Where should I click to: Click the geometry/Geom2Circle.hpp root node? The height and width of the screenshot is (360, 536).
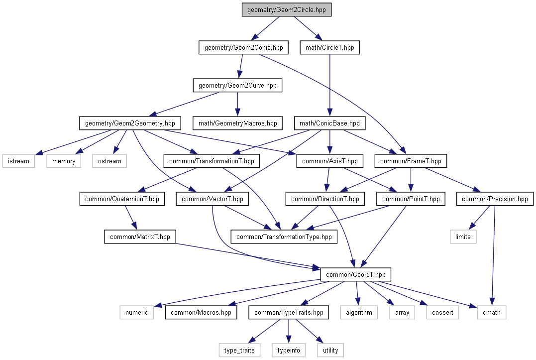coord(287,9)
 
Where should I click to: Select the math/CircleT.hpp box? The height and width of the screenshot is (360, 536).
coord(330,47)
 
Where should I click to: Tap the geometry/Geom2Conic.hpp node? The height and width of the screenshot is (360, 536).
coord(244,47)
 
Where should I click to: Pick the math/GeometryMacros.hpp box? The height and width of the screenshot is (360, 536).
coord(238,123)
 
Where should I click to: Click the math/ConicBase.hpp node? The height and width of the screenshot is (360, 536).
coord(329,123)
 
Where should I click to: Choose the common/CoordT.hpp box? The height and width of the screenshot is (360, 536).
coord(355,274)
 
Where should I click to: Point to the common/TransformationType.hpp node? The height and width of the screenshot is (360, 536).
coord(284,237)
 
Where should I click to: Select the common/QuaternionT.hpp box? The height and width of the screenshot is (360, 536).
coord(122,199)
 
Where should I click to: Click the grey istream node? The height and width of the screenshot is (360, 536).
coord(18,161)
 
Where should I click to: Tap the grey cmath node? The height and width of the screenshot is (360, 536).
coord(492,313)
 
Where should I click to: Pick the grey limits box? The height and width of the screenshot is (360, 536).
coord(463,237)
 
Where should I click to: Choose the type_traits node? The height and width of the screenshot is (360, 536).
coord(239,350)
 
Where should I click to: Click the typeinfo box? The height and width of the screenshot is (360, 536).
coord(289,350)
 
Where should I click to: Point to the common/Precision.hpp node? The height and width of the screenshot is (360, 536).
coord(495,199)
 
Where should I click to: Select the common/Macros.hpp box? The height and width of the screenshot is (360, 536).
coord(201,313)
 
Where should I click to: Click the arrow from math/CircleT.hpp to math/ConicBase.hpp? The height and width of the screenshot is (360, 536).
coord(330,85)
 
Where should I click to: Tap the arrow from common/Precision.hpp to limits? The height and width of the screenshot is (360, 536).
coord(480,218)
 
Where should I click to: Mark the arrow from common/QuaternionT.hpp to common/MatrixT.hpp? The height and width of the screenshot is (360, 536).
coord(131,218)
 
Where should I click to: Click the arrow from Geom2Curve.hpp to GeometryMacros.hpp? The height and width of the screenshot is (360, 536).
coord(237,104)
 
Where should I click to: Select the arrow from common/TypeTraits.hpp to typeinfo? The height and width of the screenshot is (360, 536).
coord(289,331)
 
